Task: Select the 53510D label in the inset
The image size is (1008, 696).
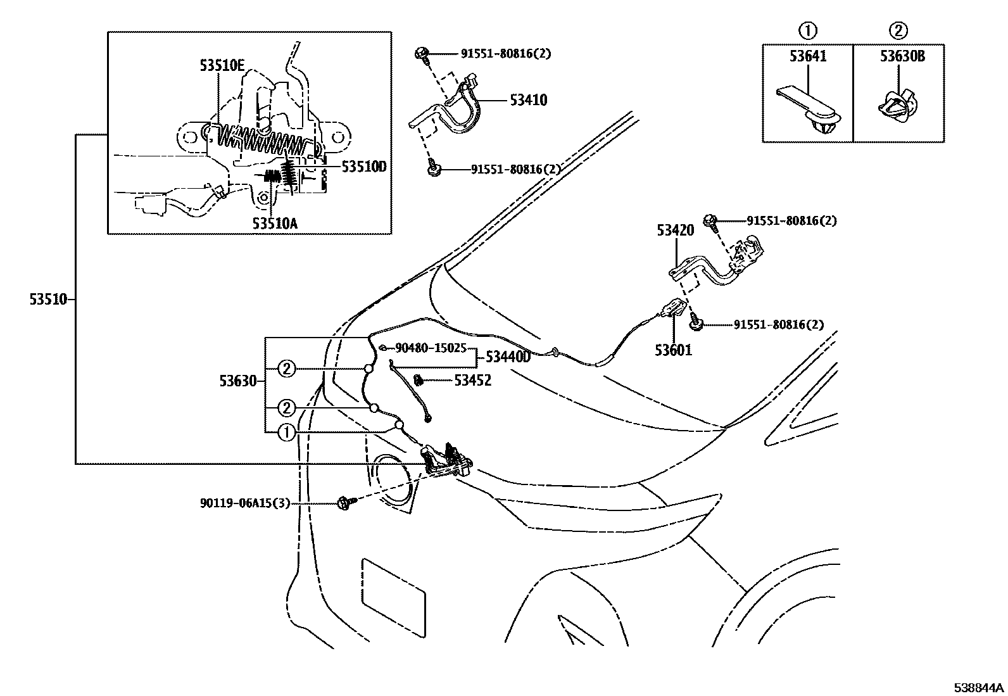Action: click(x=363, y=167)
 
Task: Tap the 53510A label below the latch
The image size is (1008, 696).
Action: click(x=275, y=223)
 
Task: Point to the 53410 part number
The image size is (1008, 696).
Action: click(x=528, y=100)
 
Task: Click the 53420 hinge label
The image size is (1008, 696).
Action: click(x=675, y=231)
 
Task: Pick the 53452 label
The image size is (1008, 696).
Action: click(x=472, y=381)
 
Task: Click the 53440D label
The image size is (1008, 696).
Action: click(x=508, y=357)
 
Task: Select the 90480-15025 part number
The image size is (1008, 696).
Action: click(x=431, y=348)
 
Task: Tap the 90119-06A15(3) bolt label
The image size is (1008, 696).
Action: click(x=245, y=503)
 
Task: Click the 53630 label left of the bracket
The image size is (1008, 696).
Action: click(x=238, y=381)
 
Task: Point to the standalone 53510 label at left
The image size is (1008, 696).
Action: click(x=48, y=300)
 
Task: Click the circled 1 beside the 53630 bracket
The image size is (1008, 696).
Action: click(x=286, y=433)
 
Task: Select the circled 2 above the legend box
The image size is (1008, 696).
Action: click(x=898, y=30)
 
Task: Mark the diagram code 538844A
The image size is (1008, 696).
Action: click(x=980, y=688)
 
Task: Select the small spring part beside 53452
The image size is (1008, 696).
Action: click(x=419, y=379)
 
